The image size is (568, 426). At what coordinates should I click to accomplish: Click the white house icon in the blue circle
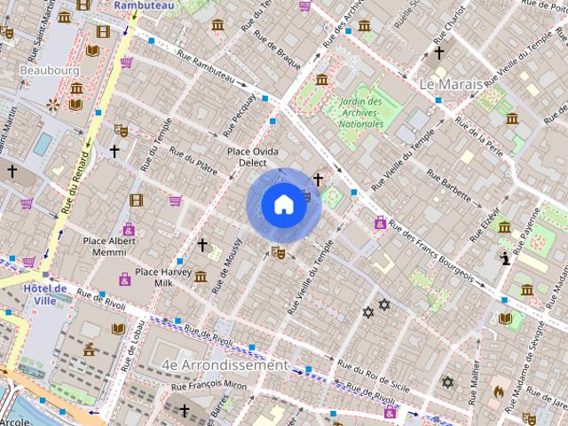(x=282, y=205)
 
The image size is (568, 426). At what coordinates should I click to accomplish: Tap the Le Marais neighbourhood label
(x=450, y=84)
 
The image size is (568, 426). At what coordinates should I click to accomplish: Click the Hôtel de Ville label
(x=46, y=295)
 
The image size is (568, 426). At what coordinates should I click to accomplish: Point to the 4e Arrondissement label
(x=225, y=365)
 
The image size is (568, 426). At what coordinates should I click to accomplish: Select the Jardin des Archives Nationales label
(x=361, y=114)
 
